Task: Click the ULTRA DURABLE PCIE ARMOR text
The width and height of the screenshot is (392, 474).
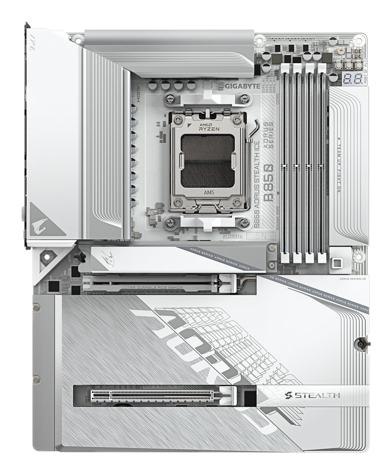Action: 152,287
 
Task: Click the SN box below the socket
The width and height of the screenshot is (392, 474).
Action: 261,236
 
